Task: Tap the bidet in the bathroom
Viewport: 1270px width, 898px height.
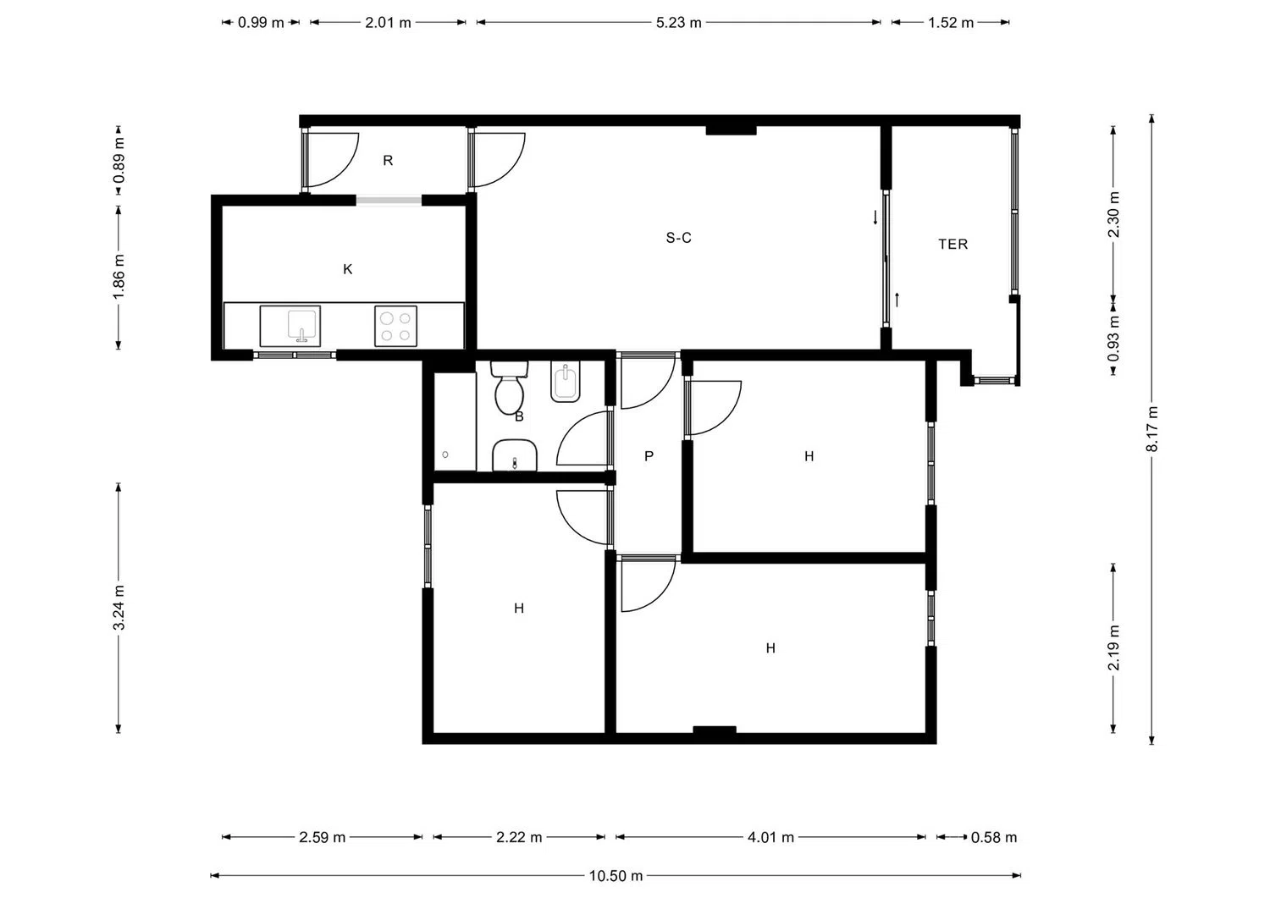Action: tap(565, 383)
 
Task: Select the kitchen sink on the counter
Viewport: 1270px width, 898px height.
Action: tap(290, 326)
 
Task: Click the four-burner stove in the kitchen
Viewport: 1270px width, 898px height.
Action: tap(395, 326)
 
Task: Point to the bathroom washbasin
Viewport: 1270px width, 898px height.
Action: tap(514, 455)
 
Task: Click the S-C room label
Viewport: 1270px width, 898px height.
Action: tap(679, 238)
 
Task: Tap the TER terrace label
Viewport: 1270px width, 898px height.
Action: tap(953, 245)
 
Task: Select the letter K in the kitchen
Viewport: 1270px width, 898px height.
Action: tap(347, 268)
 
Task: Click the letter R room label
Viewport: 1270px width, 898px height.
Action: tap(388, 161)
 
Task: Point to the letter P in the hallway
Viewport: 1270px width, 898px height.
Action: tap(649, 456)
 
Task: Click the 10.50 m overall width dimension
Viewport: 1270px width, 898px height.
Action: tap(616, 876)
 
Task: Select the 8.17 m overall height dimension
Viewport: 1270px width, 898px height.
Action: tap(1151, 429)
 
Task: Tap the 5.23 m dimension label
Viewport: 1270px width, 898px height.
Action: tap(679, 23)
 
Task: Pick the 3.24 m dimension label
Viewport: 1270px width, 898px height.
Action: tap(119, 607)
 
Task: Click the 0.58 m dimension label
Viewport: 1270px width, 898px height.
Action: tap(994, 837)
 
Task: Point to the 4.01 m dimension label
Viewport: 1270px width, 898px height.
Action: tap(770, 837)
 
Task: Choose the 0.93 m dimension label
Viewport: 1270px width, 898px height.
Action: tap(1113, 339)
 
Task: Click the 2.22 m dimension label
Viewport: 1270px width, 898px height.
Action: tap(519, 837)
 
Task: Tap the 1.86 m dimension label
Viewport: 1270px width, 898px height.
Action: tap(119, 277)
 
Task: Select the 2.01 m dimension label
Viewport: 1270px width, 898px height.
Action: tap(388, 23)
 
